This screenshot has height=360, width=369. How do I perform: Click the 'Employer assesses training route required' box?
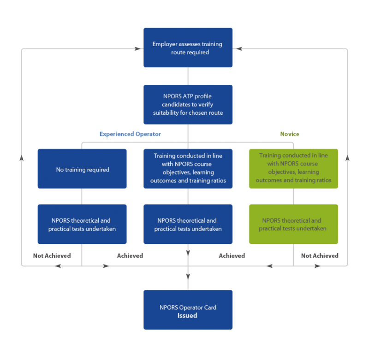pos(188,48)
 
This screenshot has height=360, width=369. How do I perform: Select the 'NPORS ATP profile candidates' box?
pos(188,104)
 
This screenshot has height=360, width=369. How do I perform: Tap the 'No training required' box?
pos(82,169)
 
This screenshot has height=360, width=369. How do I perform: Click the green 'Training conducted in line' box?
pos(293,168)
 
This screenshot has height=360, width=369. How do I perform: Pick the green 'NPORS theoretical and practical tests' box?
pos(293,224)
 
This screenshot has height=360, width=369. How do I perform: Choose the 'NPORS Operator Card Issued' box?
pos(188,310)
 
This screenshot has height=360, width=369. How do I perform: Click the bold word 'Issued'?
pos(187,316)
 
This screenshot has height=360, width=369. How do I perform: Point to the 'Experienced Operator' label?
pos(130,134)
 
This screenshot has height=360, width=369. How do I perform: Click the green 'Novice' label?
pos(290,134)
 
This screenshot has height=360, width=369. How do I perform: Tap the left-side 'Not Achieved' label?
pos(52,255)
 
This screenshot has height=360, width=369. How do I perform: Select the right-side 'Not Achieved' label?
pos(320,255)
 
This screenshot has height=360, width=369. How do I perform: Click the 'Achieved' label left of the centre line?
pos(130,255)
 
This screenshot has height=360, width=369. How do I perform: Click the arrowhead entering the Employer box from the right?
pos(238,48)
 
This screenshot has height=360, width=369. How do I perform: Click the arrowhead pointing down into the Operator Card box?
pos(188,276)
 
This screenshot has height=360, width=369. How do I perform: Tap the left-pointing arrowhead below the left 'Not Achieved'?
pos(58,266)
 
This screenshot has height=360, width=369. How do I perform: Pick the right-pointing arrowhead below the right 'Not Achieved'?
pos(318,266)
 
